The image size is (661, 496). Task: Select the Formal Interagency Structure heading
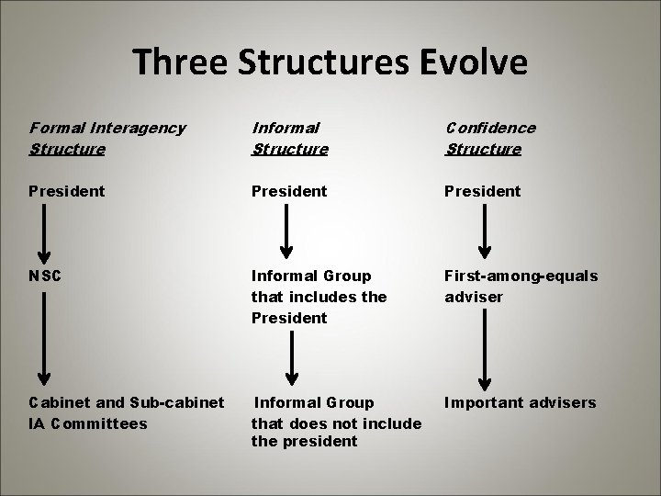point(107,138)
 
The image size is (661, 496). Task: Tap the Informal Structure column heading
point(289,138)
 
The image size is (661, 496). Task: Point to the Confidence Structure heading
point(490,138)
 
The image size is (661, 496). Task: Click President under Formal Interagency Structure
point(67,191)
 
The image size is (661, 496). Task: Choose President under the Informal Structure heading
point(289,191)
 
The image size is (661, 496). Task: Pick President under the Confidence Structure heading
point(483,191)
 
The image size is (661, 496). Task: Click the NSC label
point(46,275)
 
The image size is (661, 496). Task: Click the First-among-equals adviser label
point(521,285)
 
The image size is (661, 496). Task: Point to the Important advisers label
point(520,402)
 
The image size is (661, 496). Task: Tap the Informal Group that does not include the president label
point(336,422)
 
